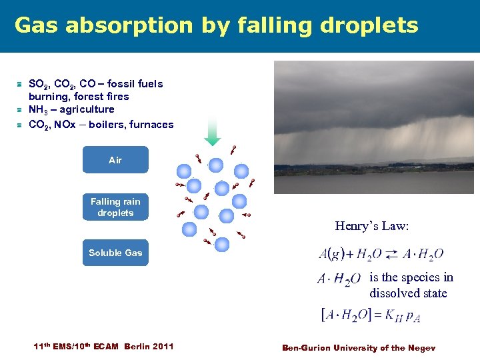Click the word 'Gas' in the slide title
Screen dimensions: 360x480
point(37,25)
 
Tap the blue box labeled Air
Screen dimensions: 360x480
point(115,160)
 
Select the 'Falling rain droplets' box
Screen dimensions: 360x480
point(115,207)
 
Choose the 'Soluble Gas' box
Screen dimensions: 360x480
point(115,253)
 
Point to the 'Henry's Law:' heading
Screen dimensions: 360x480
point(371,226)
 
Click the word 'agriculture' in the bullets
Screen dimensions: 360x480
point(86,109)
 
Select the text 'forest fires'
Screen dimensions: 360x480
point(102,97)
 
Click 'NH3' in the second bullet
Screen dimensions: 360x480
point(37,109)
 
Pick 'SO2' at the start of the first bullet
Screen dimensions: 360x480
point(38,84)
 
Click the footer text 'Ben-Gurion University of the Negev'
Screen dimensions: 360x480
point(358,347)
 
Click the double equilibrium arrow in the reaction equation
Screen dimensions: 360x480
point(391,254)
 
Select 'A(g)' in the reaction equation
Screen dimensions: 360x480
point(331,254)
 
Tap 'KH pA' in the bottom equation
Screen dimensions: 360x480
point(404,315)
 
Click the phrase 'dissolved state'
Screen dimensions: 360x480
point(408,293)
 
